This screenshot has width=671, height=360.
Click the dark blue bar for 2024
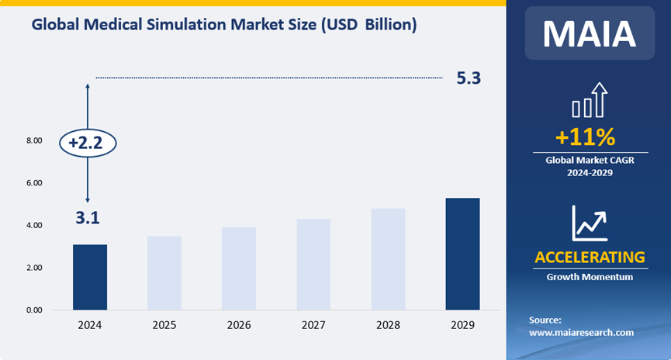(90, 277)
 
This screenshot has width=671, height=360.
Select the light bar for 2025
(164, 273)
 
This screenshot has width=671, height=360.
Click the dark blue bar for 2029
(462, 254)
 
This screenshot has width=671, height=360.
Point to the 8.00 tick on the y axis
(34, 141)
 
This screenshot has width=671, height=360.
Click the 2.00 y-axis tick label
(34, 268)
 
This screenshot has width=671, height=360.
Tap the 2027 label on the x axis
(313, 325)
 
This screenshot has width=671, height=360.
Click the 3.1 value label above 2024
(87, 218)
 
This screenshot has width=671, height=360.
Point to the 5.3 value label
(469, 78)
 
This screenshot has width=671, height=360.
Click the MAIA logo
(590, 33)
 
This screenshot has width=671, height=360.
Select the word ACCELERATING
(590, 257)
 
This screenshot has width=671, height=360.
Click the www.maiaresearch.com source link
(581, 332)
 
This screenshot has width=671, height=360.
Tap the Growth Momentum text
(590, 277)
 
